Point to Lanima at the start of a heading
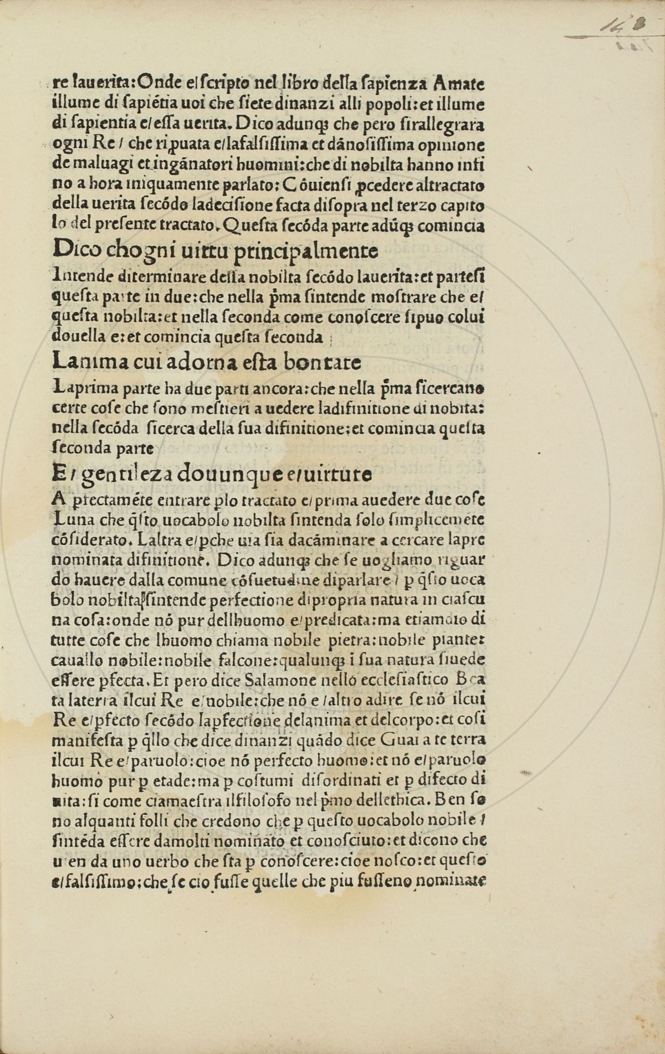coord(84,363)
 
